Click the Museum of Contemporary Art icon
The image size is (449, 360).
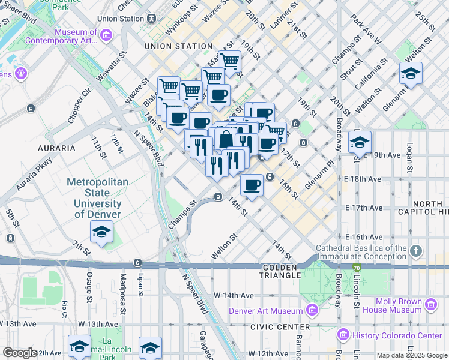click(x=106, y=36)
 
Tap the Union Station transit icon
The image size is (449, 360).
click(x=150, y=19)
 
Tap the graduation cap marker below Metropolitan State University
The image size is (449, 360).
click(x=101, y=232)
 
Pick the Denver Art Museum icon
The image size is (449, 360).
click(x=312, y=310)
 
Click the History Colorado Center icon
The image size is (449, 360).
click(x=343, y=334)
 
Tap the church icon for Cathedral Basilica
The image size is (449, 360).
click(x=415, y=250)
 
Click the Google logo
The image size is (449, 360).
click(x=20, y=353)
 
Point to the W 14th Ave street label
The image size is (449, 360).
click(x=234, y=295)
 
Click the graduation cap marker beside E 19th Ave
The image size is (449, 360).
click(x=359, y=142)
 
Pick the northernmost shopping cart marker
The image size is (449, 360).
click(x=229, y=61)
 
